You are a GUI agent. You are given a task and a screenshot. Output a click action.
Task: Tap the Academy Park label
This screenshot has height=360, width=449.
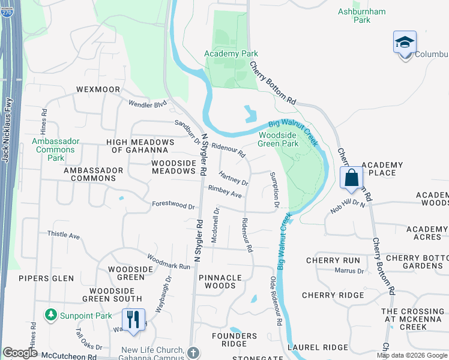tap(231, 53)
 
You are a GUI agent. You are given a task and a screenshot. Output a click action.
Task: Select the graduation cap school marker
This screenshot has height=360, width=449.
tap(405, 43)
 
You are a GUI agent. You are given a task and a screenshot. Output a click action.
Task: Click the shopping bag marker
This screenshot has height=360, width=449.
tap(352, 178)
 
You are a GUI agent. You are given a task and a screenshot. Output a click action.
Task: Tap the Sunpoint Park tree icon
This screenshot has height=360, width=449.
tap(50, 315)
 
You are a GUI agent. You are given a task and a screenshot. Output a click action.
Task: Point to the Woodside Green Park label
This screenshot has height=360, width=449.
tap(278, 139)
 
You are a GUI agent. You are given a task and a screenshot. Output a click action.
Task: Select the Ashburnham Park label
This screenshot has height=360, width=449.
tap(362, 15)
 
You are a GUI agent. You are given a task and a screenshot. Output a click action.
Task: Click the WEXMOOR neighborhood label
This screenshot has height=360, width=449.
tap(99, 89)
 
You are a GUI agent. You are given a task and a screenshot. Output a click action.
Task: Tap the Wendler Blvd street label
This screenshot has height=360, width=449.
tap(147, 104)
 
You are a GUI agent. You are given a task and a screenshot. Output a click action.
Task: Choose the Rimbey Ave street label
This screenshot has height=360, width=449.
tap(224, 191)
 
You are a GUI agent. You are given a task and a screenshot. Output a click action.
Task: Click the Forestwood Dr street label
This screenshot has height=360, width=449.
tap(173, 205)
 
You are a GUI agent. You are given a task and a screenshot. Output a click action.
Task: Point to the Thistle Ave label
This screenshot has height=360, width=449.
tap(64, 236)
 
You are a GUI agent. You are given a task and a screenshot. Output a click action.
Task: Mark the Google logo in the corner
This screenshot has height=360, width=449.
tap(20, 353)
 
